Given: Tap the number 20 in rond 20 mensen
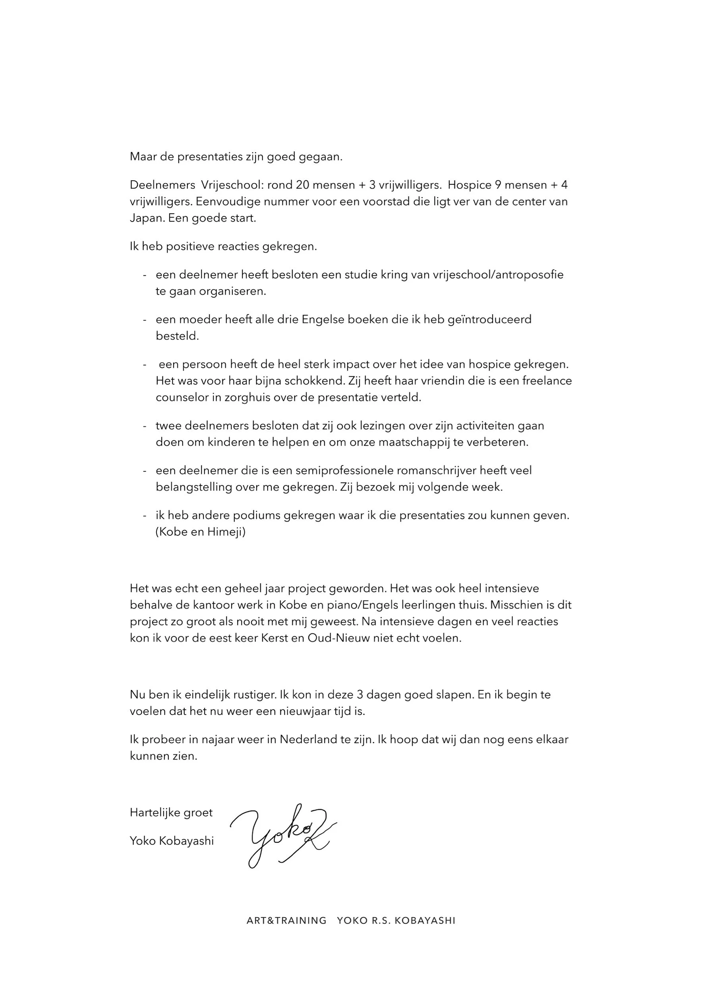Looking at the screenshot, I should point(303,185).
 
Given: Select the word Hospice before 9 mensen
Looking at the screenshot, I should point(469,185).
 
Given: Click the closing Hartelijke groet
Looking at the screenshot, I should point(171,813).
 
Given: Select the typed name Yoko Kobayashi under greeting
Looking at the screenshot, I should point(172,841).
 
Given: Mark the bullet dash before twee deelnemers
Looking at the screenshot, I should point(145,427).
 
